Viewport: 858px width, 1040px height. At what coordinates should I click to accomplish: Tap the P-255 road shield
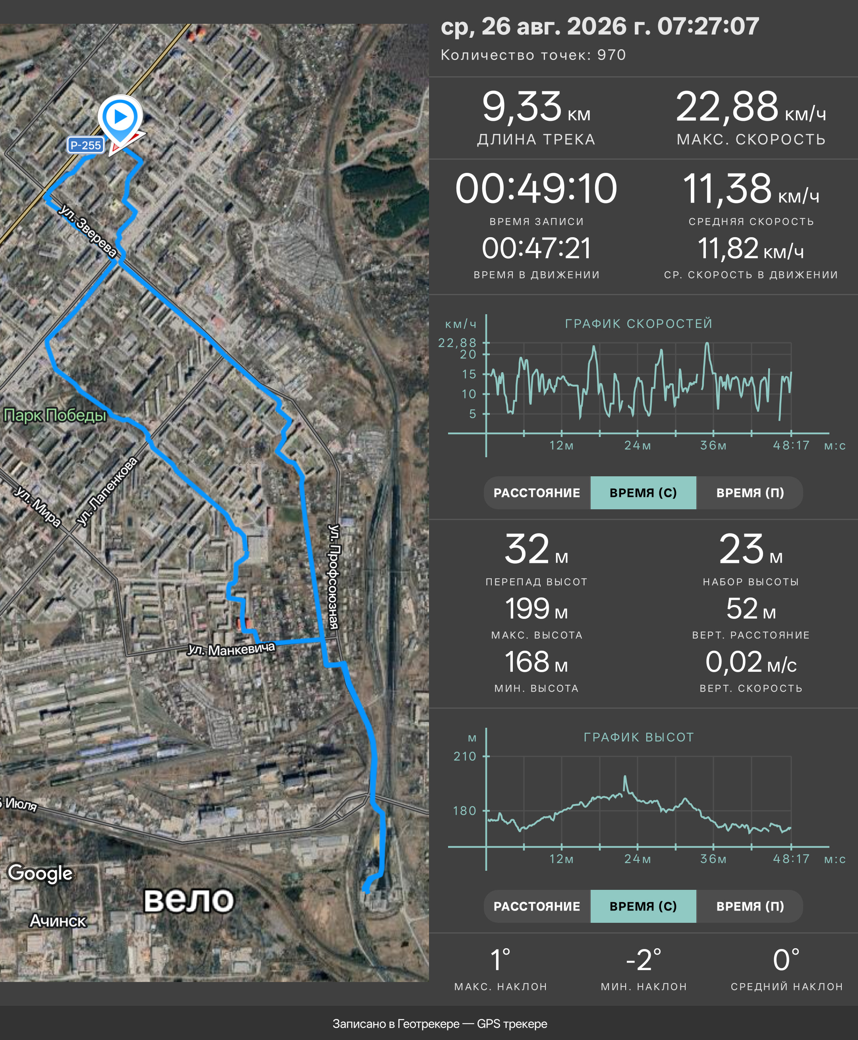86,145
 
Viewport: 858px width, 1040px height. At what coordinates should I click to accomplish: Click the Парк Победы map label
55,415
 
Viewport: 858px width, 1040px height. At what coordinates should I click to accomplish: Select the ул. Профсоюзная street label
334,576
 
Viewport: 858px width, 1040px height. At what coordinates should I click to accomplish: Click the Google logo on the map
41,873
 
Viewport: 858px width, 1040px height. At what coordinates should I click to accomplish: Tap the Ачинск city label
58,921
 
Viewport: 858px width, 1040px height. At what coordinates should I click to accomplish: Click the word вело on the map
188,900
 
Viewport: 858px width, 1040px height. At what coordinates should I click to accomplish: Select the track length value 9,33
522,107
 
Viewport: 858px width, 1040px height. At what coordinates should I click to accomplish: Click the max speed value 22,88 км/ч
751,107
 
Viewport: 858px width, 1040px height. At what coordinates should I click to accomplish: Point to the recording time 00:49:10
536,188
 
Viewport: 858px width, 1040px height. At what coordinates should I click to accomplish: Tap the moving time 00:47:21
536,248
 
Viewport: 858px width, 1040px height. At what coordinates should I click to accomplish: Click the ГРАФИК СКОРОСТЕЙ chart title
639,324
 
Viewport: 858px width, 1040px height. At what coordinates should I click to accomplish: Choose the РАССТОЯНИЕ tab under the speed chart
537,493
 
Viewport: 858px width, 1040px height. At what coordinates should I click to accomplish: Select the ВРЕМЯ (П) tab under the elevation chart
750,906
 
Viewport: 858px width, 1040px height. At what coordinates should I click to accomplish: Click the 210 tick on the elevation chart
465,756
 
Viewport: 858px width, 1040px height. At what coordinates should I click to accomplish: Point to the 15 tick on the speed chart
469,374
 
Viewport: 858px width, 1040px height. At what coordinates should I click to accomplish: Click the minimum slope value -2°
643,960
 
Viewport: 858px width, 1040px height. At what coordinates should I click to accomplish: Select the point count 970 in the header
611,55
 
